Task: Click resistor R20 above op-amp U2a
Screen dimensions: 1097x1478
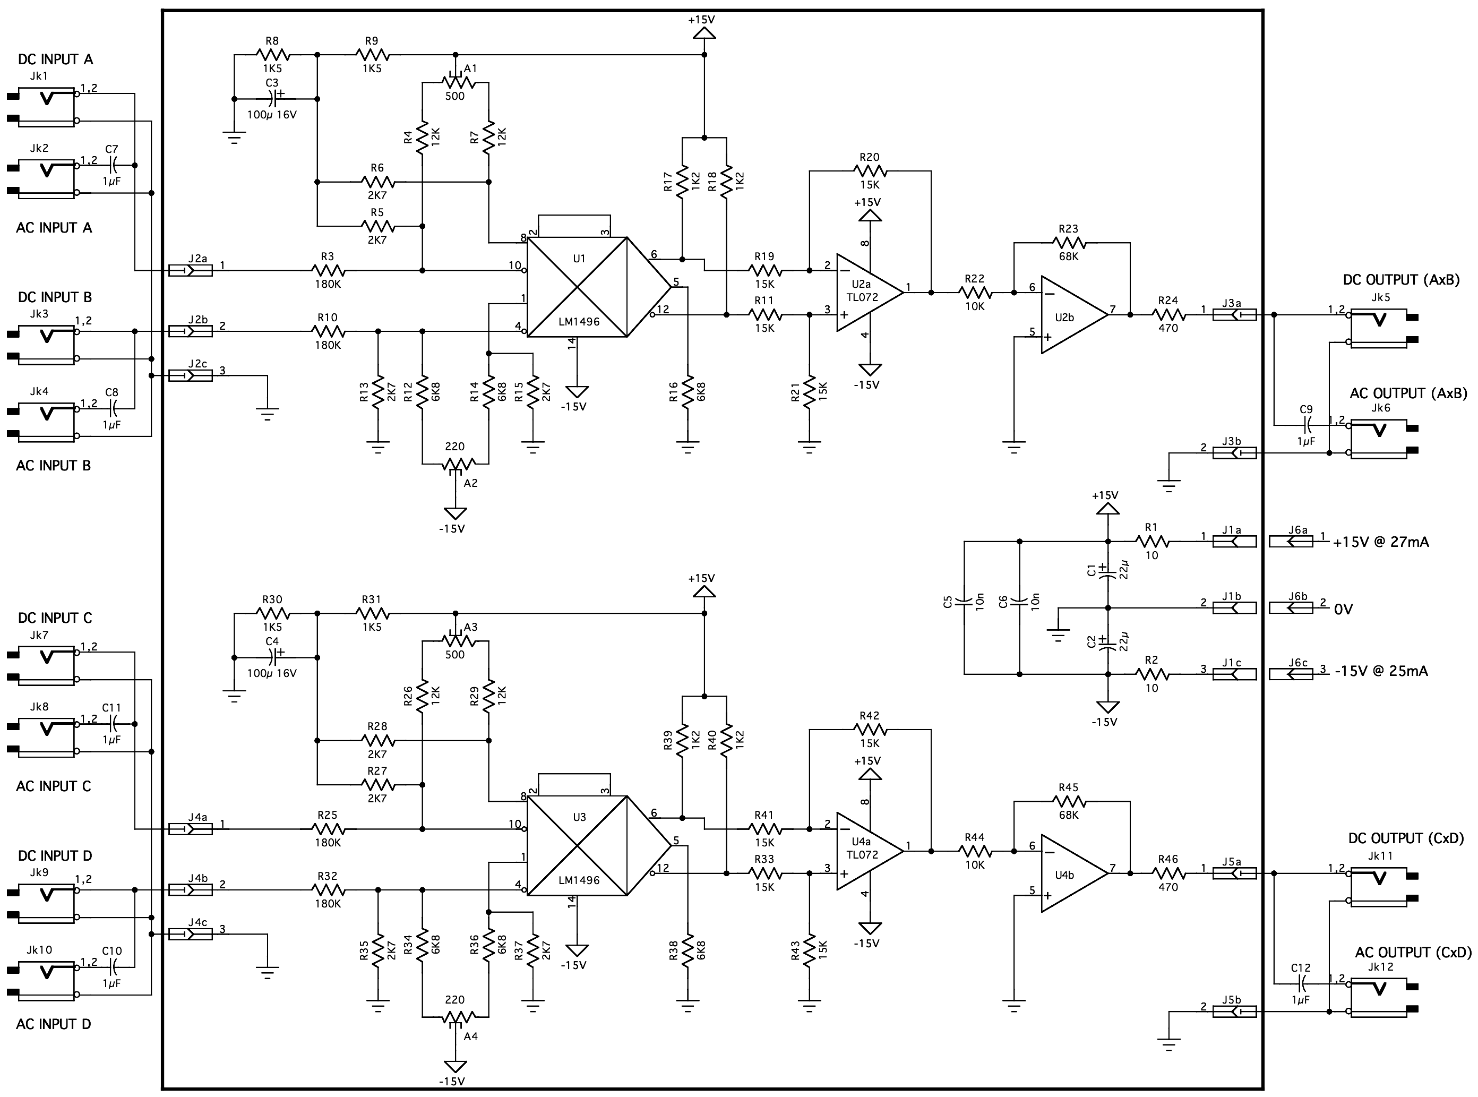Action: pyautogui.click(x=869, y=170)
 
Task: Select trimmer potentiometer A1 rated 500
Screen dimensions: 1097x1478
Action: pyautogui.click(x=455, y=82)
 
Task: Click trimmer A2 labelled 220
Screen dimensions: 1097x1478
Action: pyautogui.click(x=455, y=464)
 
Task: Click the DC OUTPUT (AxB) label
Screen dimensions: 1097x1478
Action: pyautogui.click(x=1401, y=280)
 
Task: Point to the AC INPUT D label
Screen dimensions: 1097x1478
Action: pyautogui.click(x=53, y=1024)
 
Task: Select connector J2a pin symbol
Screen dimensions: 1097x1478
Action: pyautogui.click(x=191, y=270)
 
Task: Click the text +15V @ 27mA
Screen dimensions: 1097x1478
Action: pyautogui.click(x=1381, y=542)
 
